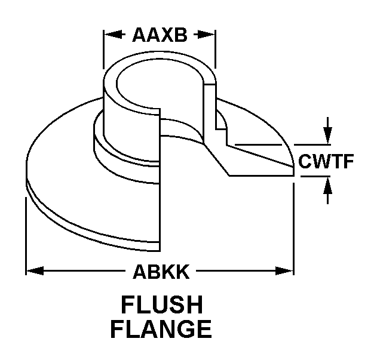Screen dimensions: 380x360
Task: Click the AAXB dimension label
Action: (160, 35)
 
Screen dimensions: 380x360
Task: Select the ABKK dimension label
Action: (161, 272)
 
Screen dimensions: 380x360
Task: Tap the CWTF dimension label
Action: (326, 161)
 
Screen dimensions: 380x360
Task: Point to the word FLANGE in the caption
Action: (161, 329)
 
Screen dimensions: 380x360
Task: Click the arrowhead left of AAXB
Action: (113, 34)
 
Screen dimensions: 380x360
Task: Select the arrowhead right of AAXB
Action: (206, 35)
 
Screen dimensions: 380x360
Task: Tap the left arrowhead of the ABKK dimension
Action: (35, 270)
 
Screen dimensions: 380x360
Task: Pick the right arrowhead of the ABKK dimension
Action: (284, 270)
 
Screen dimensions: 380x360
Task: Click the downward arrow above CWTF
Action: (327, 131)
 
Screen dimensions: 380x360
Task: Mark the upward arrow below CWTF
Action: (327, 190)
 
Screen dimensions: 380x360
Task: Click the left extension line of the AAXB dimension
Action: (103, 50)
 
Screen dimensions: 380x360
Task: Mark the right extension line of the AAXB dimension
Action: (216, 50)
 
